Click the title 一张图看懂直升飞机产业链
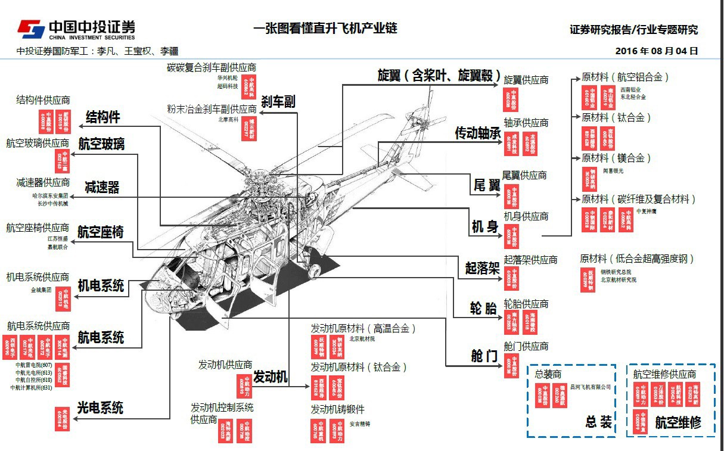click(325, 27)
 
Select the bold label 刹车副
click(278, 101)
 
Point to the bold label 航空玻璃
click(101, 144)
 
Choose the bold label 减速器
click(102, 187)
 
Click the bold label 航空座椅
click(101, 232)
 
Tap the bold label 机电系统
click(101, 285)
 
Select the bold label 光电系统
click(100, 408)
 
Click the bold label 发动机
click(271, 377)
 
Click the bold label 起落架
click(482, 268)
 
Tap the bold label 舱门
click(484, 356)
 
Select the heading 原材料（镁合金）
click(616, 158)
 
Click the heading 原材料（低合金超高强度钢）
click(637, 259)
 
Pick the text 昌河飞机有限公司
click(591, 387)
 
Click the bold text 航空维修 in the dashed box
click(678, 422)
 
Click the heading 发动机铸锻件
click(337, 409)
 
